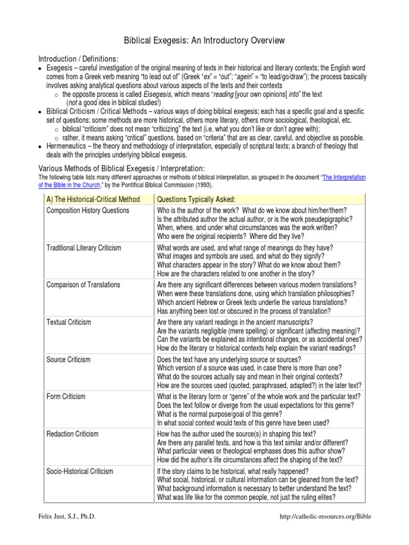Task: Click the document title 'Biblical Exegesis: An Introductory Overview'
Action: point(204,40)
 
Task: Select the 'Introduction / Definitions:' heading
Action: point(78,58)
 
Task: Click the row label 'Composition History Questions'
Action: point(88,210)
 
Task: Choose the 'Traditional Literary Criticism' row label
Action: point(84,247)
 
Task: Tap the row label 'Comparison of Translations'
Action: point(84,285)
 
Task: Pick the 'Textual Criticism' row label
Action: point(69,322)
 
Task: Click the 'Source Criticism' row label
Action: point(69,359)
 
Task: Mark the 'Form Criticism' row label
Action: point(67,397)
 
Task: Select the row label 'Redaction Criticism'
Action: point(73,434)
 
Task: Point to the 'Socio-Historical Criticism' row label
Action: point(80,471)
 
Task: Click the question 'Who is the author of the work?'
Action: point(200,210)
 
